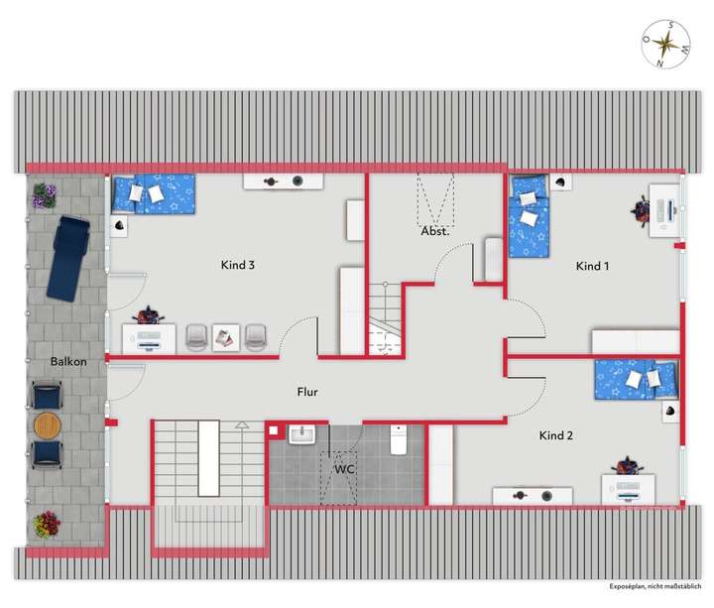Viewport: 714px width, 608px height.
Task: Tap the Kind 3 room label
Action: (x=238, y=265)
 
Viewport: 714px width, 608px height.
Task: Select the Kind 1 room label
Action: (x=593, y=266)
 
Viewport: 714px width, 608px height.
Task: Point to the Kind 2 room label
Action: (x=555, y=435)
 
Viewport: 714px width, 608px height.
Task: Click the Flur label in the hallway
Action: (x=307, y=392)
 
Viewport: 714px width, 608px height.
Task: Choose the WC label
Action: (x=344, y=468)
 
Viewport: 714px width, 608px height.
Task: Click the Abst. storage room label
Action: (x=434, y=231)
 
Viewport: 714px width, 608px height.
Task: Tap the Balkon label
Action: (x=68, y=361)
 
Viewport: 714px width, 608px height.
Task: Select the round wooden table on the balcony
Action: (x=48, y=426)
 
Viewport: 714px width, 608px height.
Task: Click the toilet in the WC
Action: (x=399, y=439)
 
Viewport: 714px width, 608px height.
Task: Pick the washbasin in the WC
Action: (x=301, y=433)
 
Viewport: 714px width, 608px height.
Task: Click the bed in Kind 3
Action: (x=153, y=193)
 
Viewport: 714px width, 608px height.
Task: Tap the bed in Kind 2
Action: (x=636, y=378)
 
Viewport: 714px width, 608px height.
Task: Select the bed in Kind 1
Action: (x=527, y=215)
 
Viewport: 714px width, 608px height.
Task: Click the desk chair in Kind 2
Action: (x=626, y=466)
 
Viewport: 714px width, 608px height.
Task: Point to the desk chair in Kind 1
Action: (x=642, y=209)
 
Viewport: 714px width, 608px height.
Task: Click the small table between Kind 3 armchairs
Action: (x=226, y=337)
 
